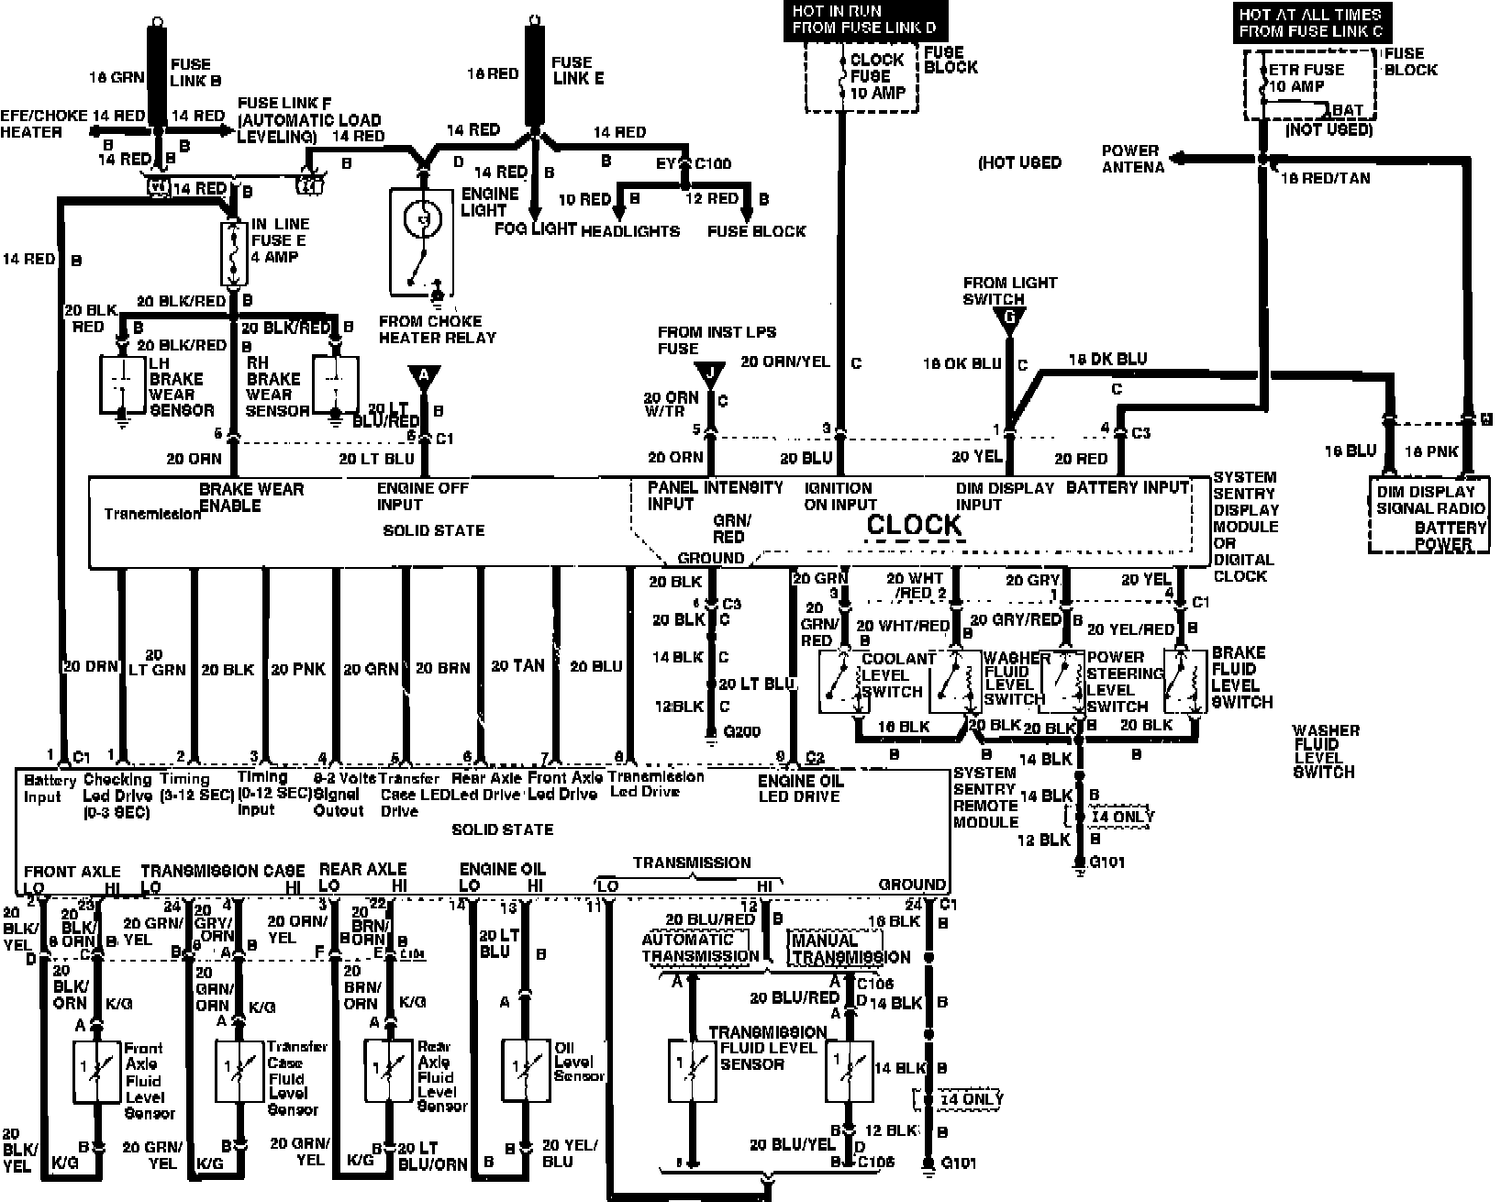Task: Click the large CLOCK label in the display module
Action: (914, 525)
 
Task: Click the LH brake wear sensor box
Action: (120, 384)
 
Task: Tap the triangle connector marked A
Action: (424, 376)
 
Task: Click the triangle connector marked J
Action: (709, 375)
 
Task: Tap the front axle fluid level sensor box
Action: (96, 1072)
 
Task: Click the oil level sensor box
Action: (526, 1071)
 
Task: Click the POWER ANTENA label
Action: (1132, 159)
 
